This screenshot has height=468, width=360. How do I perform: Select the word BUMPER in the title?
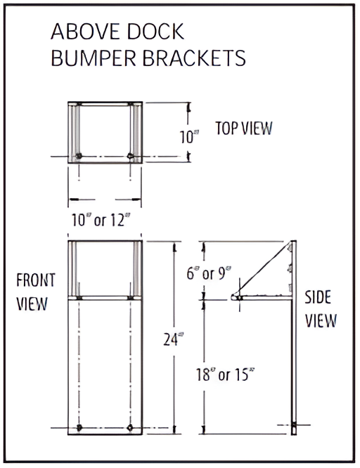94,58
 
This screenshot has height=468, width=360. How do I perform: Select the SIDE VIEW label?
321,308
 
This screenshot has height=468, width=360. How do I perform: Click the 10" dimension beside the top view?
188,137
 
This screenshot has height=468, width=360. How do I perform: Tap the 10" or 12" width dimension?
103,220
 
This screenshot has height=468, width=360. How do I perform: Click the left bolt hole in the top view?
79,155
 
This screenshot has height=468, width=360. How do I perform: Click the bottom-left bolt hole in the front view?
79,427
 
